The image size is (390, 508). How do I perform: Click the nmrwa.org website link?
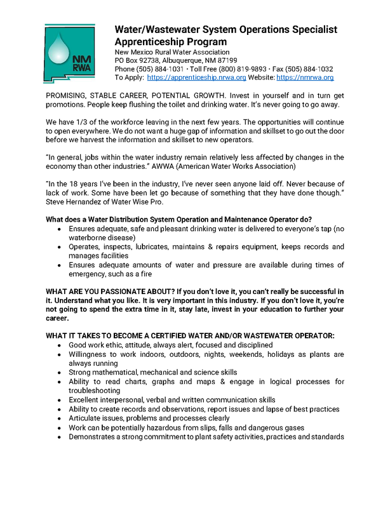tap(305, 77)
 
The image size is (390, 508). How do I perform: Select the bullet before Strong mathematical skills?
tap(60, 371)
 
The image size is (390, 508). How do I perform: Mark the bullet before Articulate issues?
tap(60, 418)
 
